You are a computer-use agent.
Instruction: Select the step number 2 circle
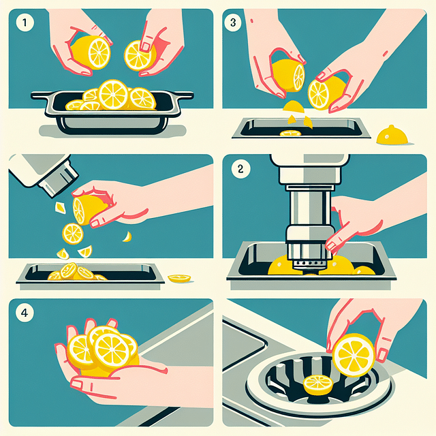tap(239, 170)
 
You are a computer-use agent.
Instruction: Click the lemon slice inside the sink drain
tap(317, 384)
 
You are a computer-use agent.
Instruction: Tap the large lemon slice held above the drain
tap(354, 354)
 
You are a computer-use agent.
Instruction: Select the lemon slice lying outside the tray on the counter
tap(180, 278)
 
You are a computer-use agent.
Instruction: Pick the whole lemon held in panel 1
tap(91, 52)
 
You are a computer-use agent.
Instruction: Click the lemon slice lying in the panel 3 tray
tap(291, 132)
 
